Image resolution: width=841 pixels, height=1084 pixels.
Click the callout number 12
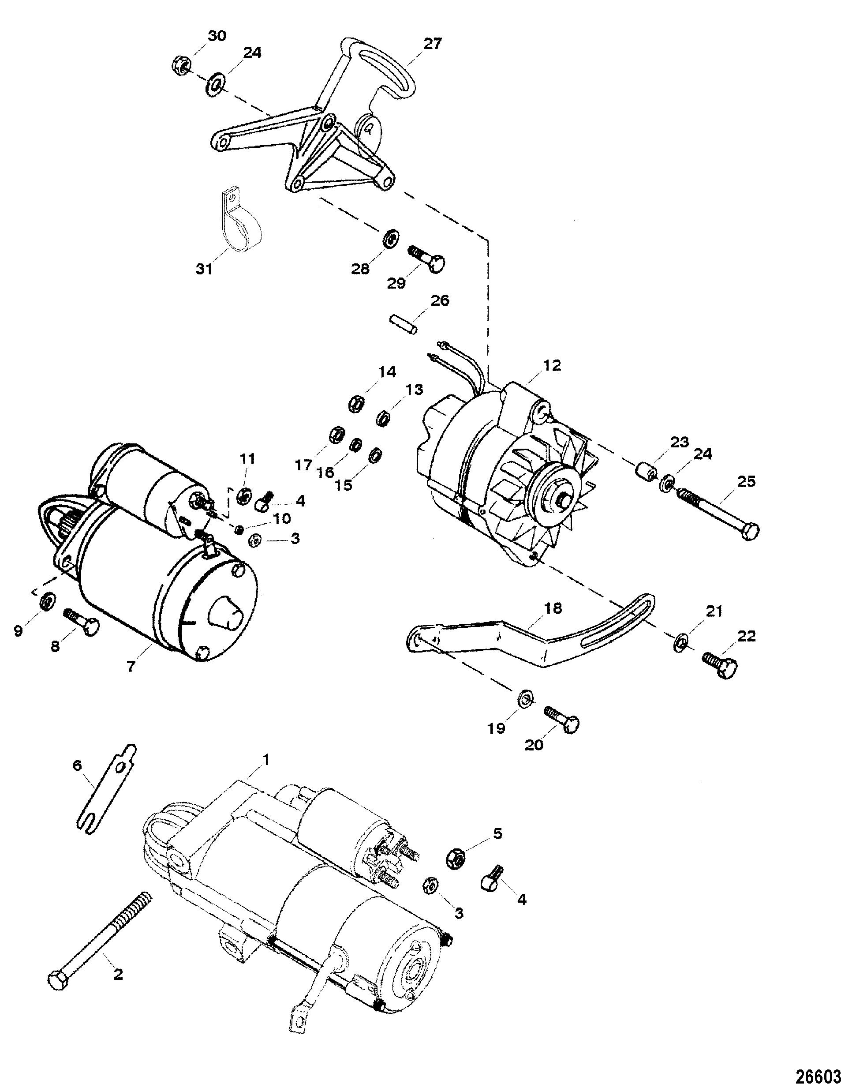pyautogui.click(x=552, y=366)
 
